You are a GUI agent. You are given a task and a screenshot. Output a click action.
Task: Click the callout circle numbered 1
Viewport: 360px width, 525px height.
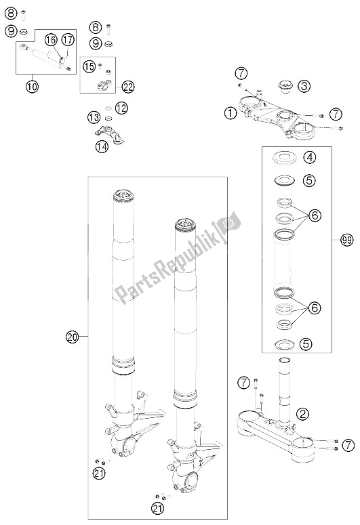click(231, 114)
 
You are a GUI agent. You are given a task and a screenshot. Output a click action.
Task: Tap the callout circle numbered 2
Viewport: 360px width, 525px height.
click(302, 414)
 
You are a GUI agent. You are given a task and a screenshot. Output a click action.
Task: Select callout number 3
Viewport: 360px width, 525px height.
click(304, 86)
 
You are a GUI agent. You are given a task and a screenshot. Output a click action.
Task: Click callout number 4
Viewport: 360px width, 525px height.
click(309, 157)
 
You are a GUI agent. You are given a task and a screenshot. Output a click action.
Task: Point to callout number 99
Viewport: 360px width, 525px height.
click(347, 240)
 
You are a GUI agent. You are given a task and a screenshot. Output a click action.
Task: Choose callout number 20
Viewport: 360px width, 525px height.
click(72, 337)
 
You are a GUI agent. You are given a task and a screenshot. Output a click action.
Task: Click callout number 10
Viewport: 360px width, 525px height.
click(32, 87)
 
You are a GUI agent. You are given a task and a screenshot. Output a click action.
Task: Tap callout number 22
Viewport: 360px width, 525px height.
click(128, 87)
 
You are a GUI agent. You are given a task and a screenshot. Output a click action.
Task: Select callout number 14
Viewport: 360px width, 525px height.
click(102, 146)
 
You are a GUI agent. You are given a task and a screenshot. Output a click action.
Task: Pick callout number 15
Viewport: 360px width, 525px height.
click(89, 66)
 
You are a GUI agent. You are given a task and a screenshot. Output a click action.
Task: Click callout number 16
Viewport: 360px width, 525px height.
click(52, 40)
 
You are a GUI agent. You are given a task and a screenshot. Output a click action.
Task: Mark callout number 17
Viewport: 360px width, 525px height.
click(68, 40)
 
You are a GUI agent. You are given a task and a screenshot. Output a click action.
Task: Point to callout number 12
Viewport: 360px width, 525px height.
click(121, 108)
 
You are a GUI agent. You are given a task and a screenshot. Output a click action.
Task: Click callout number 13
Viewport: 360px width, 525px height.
click(94, 117)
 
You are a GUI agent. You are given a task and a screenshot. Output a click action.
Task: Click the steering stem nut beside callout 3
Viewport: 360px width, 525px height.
click(285, 87)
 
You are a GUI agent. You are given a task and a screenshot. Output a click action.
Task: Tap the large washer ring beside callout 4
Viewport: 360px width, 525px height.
click(285, 158)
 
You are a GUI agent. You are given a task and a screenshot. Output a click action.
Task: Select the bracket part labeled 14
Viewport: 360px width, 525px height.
click(109, 133)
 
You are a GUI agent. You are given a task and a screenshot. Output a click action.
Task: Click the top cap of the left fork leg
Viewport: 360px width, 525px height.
click(123, 196)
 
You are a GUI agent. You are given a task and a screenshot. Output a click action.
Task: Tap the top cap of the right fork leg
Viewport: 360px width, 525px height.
click(185, 225)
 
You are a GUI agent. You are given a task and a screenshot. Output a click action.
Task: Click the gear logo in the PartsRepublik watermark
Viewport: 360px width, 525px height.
click(229, 222)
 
